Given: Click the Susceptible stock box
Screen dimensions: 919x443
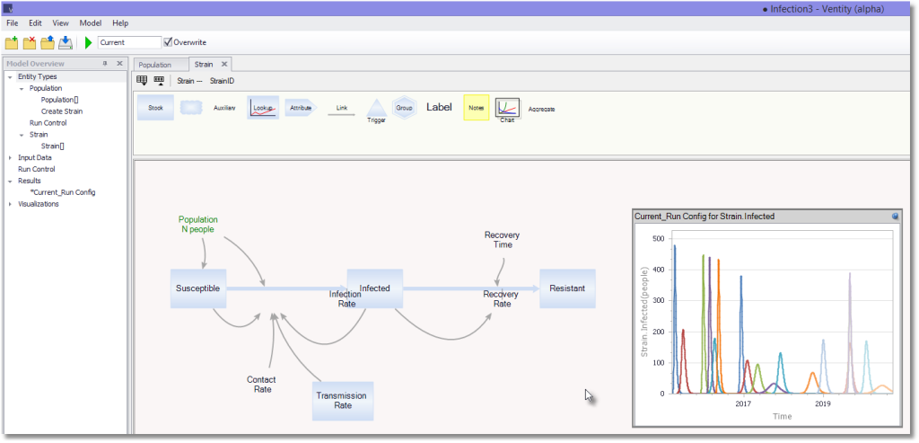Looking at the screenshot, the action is pos(198,288).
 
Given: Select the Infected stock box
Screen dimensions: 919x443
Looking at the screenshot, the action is pos(375,288).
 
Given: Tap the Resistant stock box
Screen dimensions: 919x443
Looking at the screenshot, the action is pos(567,288).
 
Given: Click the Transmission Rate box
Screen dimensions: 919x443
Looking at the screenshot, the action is pos(343,401).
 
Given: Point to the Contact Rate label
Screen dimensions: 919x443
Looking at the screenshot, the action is pos(261,385).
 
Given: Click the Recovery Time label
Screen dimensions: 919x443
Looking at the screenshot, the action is pos(502,240).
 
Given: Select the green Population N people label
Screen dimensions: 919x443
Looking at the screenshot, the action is pos(198,225).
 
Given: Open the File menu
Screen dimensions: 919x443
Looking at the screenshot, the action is pos(13,22).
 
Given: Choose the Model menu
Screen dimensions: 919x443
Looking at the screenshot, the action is pos(91,22).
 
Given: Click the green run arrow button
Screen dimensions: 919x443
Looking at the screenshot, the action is pos(89,42).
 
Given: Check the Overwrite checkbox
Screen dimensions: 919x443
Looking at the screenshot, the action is pos(168,41).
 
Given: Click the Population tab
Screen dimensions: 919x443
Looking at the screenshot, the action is pos(154,65).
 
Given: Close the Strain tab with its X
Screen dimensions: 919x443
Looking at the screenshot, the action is pos(223,64).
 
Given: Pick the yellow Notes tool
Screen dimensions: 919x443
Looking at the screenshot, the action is pos(477,107).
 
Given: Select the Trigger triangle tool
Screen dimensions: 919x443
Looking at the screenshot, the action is pos(376,108).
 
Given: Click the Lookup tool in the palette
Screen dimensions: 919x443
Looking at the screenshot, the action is pos(263,108).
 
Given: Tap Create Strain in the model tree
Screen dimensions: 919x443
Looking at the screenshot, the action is pos(62,111).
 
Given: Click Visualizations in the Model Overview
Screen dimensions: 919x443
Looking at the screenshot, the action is pos(38,204).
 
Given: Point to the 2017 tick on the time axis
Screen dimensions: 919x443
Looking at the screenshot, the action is pos(743,403).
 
